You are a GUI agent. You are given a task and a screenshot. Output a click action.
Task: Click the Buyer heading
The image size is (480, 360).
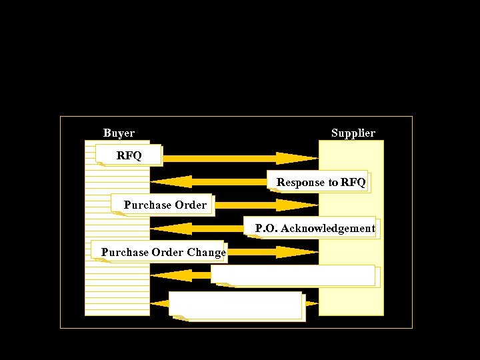click(119, 133)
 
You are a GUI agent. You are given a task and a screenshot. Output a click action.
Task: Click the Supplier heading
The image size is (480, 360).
click(353, 133)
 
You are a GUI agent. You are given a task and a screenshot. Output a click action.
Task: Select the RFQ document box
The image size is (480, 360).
click(129, 155)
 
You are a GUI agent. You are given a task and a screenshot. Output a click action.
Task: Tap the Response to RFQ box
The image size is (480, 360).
click(321, 182)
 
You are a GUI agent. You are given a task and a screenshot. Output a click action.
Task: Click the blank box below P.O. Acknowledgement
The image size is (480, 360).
click(293, 275)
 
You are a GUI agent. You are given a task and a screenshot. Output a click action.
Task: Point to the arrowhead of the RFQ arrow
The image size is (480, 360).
click(297, 158)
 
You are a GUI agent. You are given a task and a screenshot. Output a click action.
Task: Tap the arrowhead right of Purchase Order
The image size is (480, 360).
click(297, 205)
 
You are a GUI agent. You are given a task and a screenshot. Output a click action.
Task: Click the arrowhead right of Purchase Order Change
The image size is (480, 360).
click(297, 252)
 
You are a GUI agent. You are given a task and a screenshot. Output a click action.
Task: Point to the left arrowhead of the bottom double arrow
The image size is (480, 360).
click(160, 303)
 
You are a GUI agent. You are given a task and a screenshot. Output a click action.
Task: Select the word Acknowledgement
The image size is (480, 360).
click(328, 229)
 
